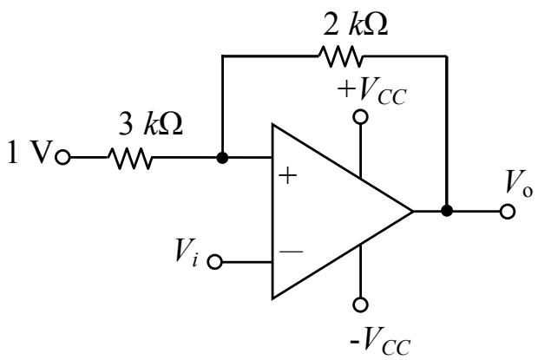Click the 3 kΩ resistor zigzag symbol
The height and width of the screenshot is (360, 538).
coord(129,158)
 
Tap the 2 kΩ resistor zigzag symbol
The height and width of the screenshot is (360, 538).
coord(340,56)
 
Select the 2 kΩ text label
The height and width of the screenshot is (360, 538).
coord(356,24)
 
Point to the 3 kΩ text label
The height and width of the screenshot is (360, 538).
coord(151,123)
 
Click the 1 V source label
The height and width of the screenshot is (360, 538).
coord(30,152)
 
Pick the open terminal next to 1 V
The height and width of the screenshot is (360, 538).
coord(62,158)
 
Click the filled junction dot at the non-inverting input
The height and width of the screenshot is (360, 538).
coord(222,158)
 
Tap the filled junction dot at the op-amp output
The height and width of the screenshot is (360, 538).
coord(446,211)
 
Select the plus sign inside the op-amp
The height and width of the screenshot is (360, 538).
coord(287,176)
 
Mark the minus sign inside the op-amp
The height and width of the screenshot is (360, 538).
coord(291,252)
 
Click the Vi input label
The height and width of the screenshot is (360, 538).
coord(187,252)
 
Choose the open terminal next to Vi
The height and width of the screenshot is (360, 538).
coord(215,262)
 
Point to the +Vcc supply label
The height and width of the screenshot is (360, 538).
coord(372,91)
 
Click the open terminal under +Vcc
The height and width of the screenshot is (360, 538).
coord(360,117)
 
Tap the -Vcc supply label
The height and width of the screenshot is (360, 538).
coord(380,341)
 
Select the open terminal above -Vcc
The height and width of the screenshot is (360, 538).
coord(360,304)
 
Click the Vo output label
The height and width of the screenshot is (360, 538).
coord(519,183)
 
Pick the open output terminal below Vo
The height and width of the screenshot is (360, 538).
coord(508,211)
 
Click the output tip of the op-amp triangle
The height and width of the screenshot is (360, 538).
coord(412,211)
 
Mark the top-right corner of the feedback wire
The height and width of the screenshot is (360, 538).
coord(446,56)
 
